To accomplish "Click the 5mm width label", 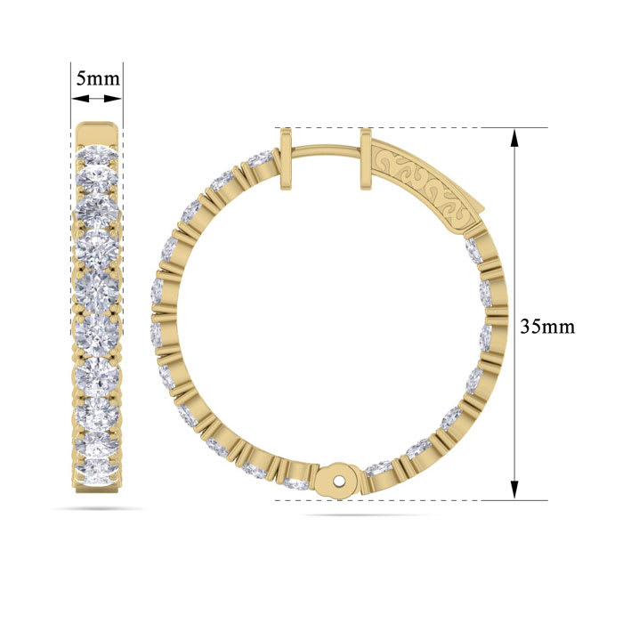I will pyautogui.click(x=97, y=77).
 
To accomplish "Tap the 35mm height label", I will pyautogui.click(x=547, y=326).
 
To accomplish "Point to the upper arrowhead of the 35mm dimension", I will pyautogui.click(x=514, y=135).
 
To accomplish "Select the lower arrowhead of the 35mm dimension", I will pyautogui.click(x=514, y=491).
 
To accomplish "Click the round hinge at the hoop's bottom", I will pyautogui.click(x=338, y=478).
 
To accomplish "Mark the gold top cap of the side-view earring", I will pyautogui.click(x=97, y=130).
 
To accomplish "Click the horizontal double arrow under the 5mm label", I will pyautogui.click(x=97, y=95).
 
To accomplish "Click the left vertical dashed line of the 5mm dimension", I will pyautogui.click(x=71, y=98).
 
